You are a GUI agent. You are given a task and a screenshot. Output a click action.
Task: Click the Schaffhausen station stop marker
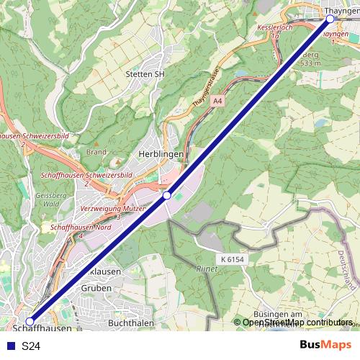(x=30, y=321)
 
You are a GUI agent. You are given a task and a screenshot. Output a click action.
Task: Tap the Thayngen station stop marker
(x=330, y=19)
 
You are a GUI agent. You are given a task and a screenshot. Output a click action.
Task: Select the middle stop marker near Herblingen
(x=166, y=195)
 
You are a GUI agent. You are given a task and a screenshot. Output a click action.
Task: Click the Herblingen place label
(x=161, y=154)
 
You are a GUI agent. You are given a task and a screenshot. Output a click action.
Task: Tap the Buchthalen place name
(x=130, y=324)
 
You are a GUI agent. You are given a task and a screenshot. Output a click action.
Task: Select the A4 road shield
(x=217, y=102)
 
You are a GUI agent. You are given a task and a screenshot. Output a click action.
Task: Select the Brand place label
(x=96, y=152)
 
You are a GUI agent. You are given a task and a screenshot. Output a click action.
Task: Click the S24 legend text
(x=30, y=346)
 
